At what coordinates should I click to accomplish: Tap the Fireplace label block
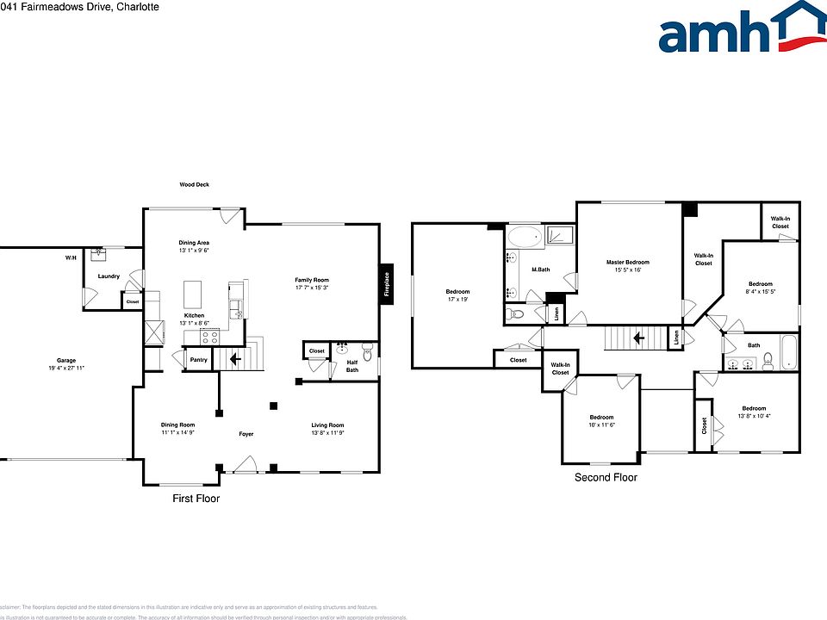click(387, 282)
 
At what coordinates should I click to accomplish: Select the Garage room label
click(66, 360)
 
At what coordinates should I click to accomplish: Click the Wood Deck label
click(194, 184)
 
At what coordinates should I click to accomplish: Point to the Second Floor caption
click(606, 477)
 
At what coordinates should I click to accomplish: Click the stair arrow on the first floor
click(235, 358)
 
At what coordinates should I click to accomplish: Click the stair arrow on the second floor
click(637, 338)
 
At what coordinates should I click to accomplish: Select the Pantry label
click(198, 360)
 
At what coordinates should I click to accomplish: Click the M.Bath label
click(540, 270)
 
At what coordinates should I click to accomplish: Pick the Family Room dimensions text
click(312, 288)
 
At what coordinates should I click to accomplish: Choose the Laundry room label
click(109, 276)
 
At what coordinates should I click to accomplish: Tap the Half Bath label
click(352, 366)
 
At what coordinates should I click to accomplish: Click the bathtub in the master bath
click(523, 237)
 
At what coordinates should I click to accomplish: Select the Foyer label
click(246, 434)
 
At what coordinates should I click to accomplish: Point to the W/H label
click(70, 258)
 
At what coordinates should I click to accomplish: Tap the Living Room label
click(327, 425)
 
